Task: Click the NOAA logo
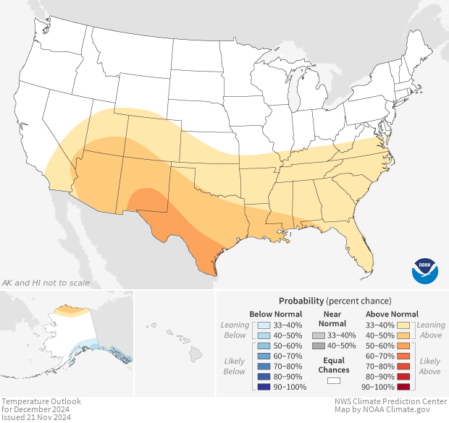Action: click(x=424, y=270)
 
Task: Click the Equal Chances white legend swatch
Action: click(x=333, y=380)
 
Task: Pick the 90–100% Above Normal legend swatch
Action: click(x=406, y=387)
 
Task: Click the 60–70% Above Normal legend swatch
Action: click(x=406, y=356)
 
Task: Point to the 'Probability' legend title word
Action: click(x=301, y=300)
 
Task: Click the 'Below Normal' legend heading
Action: click(x=275, y=314)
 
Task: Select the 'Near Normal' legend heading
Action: click(x=333, y=319)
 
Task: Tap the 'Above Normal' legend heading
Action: click(x=393, y=314)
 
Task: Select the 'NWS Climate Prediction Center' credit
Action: click(x=391, y=401)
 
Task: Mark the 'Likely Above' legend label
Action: click(x=429, y=366)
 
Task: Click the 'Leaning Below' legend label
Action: click(x=235, y=330)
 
